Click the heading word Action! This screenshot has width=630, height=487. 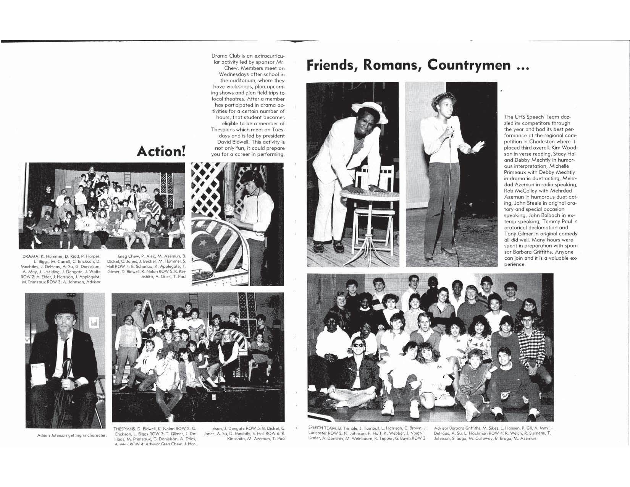click(x=161, y=152)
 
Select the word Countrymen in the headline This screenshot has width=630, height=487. click(x=469, y=65)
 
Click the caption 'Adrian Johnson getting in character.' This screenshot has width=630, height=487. click(x=72, y=435)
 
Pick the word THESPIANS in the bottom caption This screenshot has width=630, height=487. click(x=124, y=429)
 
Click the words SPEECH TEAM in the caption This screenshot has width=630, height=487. click(x=322, y=428)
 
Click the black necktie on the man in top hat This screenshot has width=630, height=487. click(x=66, y=346)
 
